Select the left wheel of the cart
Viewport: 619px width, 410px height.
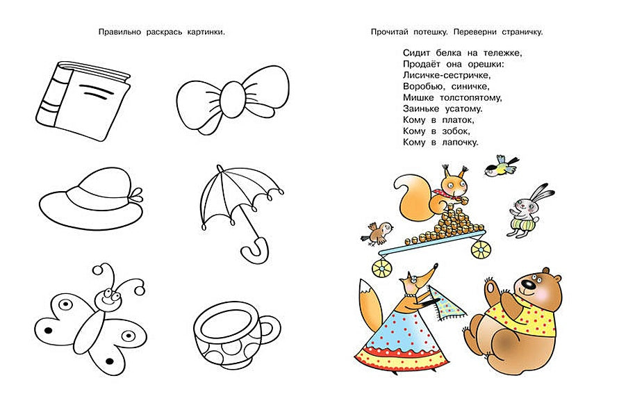point(381,266)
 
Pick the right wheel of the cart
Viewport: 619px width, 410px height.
point(480,249)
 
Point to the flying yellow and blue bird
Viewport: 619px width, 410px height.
point(502,166)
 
